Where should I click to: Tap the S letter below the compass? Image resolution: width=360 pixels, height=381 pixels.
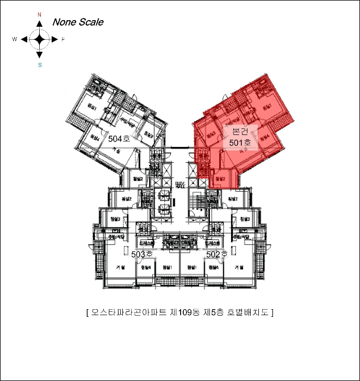[40, 65]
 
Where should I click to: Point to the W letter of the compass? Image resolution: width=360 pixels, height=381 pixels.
[15, 40]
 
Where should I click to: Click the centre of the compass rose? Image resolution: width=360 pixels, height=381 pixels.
[40, 39]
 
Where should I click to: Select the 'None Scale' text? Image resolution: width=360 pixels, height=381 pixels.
[77, 22]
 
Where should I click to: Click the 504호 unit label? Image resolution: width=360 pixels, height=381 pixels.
[119, 139]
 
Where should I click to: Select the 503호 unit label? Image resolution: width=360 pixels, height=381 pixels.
[142, 254]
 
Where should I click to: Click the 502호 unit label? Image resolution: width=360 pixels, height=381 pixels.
[217, 254]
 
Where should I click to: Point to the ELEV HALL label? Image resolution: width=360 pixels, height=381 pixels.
[180, 185]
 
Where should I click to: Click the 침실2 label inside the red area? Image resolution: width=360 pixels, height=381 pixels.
[220, 179]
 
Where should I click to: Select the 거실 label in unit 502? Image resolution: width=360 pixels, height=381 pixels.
[239, 268]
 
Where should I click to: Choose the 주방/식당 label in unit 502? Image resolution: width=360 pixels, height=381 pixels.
[240, 237]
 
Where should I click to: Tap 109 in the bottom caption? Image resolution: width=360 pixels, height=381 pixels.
[187, 312]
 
